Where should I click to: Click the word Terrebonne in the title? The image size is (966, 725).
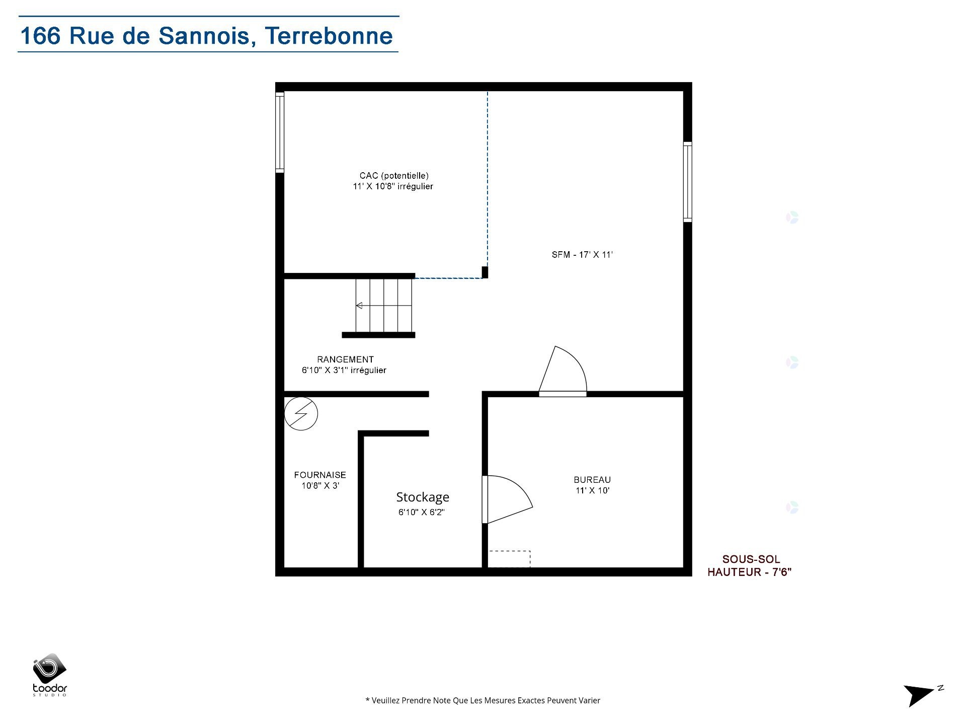(x=329, y=36)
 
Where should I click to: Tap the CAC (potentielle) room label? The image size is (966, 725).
(x=393, y=176)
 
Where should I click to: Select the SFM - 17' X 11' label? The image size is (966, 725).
(x=582, y=255)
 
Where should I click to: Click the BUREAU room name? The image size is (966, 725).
(x=592, y=480)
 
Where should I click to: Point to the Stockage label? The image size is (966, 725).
(x=423, y=497)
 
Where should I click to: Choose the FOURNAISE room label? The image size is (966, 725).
(x=320, y=475)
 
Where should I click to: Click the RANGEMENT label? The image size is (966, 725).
(x=345, y=359)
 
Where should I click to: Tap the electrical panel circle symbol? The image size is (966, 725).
(x=301, y=414)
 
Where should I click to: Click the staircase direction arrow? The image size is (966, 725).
(x=359, y=306)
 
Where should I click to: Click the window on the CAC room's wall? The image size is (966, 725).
(x=280, y=132)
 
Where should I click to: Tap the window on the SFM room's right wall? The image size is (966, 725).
(x=687, y=182)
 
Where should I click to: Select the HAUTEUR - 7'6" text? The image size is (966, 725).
(x=750, y=572)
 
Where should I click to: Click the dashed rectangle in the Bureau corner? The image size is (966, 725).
(x=509, y=559)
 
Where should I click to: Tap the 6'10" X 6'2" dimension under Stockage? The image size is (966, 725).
(x=422, y=513)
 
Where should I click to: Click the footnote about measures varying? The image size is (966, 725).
(x=482, y=700)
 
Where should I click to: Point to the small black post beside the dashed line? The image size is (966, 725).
(x=485, y=272)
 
